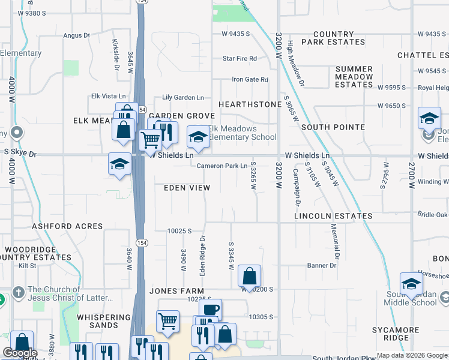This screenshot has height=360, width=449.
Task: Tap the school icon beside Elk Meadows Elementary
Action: pos(198,137)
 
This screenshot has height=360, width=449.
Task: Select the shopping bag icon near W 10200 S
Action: pos(249,276)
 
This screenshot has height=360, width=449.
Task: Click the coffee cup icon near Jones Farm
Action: pos(210,310)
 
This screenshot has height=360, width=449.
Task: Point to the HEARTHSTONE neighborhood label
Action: pos(250,104)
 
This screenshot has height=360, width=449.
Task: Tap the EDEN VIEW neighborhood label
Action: pos(187,188)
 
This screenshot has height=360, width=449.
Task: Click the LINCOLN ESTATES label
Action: pos(333,215)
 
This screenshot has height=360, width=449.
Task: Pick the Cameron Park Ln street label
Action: pos(222,166)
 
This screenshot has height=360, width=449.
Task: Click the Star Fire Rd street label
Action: pos(240,59)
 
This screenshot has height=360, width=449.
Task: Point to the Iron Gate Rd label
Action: pos(250,80)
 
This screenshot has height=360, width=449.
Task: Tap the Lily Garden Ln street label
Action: pos(182,97)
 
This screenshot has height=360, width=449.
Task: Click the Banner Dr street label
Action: pos(322,265)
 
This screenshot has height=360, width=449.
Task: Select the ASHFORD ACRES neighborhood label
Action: pos(67,227)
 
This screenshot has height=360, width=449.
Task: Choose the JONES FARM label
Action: pos(177,291)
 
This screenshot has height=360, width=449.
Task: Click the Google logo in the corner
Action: pos(20,353)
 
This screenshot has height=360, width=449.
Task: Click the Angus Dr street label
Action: pos(76,35)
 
